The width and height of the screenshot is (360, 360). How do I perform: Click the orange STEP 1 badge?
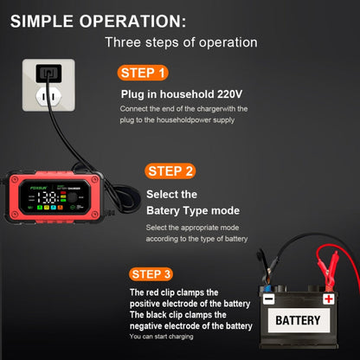click(x=142, y=73)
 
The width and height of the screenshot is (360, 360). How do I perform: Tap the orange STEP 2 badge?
click(x=170, y=170)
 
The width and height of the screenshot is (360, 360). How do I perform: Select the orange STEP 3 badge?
click(x=153, y=274)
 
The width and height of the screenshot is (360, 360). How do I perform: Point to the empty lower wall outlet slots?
click(x=44, y=100)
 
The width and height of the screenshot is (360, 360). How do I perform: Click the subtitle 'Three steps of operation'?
click(x=181, y=42)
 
